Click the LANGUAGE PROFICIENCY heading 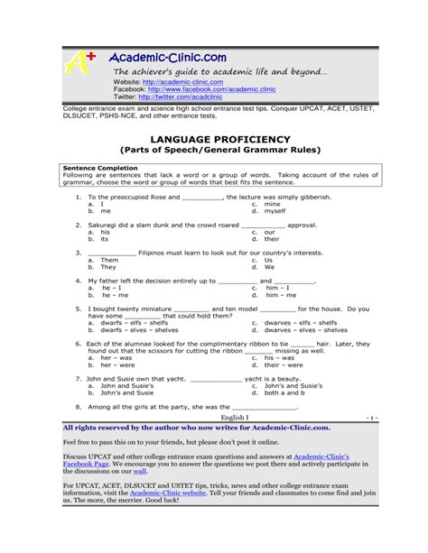click(213, 139)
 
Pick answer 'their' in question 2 click(272, 239)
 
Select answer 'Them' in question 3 click(109, 260)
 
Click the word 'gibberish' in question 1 click(312, 196)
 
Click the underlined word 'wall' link click(140, 471)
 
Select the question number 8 click(79, 407)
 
